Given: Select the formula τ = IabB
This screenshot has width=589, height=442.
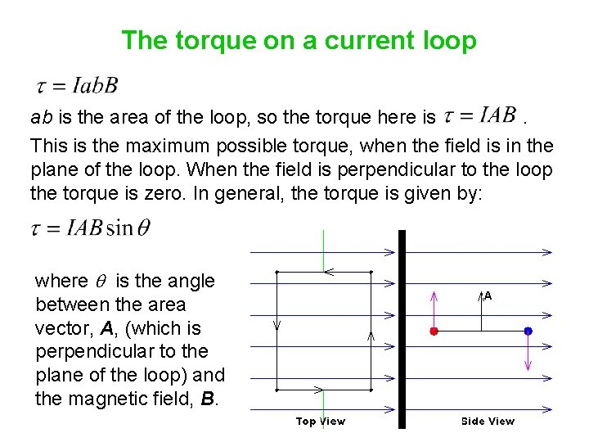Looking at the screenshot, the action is click(78, 84).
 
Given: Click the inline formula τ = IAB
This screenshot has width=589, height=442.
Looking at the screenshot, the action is click(479, 115).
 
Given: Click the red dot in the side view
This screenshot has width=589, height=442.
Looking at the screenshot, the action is click(434, 331).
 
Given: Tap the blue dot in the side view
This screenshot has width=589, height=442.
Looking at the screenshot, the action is click(528, 331).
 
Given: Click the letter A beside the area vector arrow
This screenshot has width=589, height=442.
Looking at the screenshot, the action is click(488, 295).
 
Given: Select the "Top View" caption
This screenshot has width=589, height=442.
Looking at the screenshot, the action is click(320, 422).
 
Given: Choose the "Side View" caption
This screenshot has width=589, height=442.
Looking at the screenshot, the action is click(488, 422).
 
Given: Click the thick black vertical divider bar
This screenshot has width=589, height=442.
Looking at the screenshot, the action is click(402, 327).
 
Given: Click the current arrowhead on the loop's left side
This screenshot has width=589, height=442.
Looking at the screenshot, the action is click(277, 325).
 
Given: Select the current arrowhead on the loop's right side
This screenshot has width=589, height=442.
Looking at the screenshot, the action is click(371, 336).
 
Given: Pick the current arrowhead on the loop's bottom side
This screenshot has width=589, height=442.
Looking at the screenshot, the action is click(319, 390).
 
